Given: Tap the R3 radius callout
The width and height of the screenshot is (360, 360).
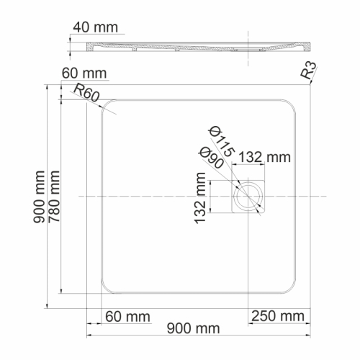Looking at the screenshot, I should click(309, 70).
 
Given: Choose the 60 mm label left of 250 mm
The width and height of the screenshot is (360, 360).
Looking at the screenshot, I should click(127, 317).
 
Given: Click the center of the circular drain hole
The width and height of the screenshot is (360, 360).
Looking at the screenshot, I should click(249, 196).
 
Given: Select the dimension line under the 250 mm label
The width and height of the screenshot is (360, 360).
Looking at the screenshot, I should click(278, 325).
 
